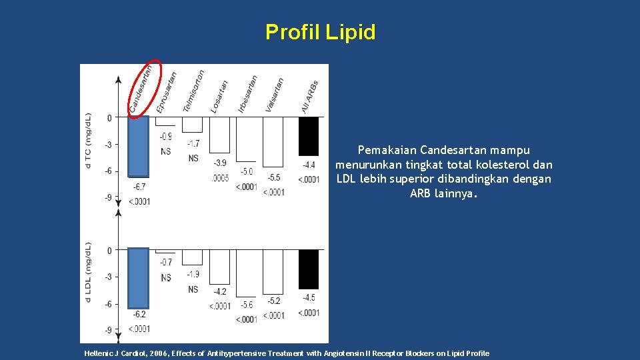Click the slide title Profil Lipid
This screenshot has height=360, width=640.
point(320,32)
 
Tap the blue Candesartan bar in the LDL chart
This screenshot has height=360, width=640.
point(138,277)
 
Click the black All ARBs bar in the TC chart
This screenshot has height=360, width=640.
point(308,136)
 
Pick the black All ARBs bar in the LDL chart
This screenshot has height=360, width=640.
point(308,269)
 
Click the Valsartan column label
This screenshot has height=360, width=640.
point(274,95)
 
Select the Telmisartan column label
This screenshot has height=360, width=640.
point(193,91)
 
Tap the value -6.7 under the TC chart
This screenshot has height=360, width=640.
point(139,187)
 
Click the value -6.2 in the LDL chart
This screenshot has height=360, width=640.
point(139,314)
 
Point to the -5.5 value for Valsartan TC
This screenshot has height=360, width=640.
point(273,178)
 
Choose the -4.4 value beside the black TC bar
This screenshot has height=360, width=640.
point(309,165)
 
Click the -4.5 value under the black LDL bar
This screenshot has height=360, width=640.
point(309,297)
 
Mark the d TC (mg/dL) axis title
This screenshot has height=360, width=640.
point(89,141)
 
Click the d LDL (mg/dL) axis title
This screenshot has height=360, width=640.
point(89,273)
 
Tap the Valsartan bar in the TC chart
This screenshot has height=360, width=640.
point(273,141)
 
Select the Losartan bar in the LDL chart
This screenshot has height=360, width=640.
point(219,267)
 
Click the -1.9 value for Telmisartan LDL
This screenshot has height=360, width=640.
point(193,275)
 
